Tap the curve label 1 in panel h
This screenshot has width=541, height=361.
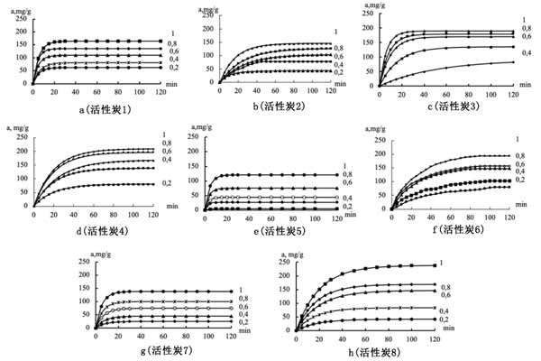point(442,263)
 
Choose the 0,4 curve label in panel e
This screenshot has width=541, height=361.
point(346,198)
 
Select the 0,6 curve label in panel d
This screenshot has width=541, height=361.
point(166,151)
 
